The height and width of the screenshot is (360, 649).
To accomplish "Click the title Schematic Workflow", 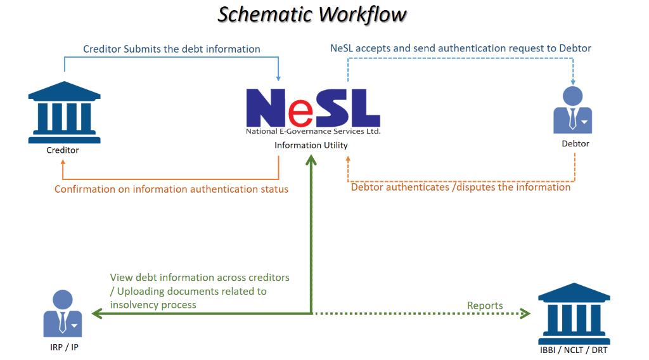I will (x=312, y=14).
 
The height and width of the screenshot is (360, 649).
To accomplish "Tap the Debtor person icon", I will (x=573, y=110).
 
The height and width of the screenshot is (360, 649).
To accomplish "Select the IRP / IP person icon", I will (x=62, y=313).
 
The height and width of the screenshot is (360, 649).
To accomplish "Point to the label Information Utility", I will (x=311, y=146).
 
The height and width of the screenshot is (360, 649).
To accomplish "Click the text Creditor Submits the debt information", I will (x=172, y=49).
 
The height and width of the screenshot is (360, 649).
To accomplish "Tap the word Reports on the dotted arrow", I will (x=485, y=305).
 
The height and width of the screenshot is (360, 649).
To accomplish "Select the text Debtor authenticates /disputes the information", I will (x=461, y=187).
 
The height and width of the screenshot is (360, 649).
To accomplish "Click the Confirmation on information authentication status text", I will (x=171, y=189).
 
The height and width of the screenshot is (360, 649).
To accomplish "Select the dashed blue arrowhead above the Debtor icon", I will (x=573, y=80).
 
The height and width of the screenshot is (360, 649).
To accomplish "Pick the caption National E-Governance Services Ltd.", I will (x=313, y=132).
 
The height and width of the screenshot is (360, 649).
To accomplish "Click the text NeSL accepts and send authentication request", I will (x=461, y=48).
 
